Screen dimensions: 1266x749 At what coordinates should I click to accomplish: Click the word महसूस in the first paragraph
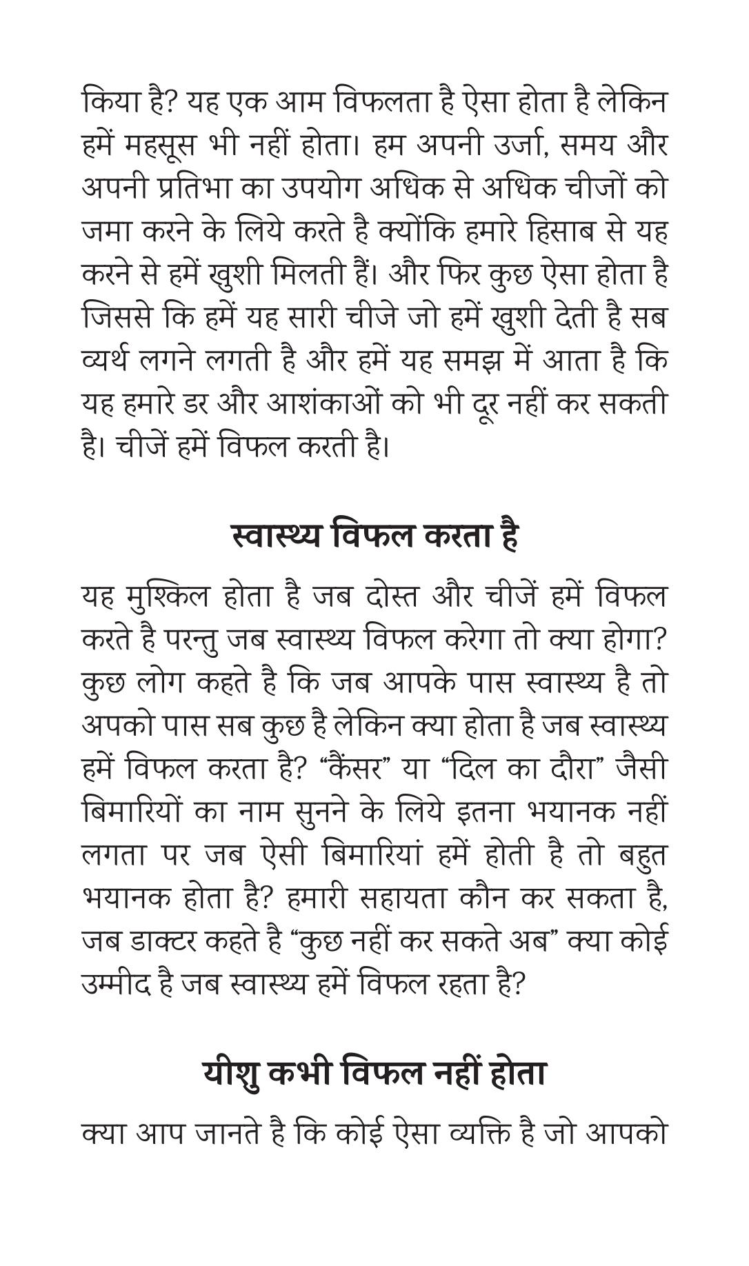[x=165, y=145]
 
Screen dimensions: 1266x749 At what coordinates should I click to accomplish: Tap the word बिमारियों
[x=132, y=812]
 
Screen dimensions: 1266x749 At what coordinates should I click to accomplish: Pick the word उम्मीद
[x=116, y=985]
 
